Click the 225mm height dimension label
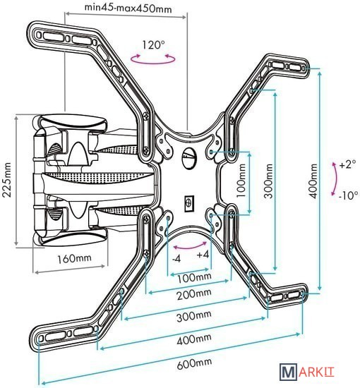point(6,180)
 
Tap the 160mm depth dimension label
point(74,259)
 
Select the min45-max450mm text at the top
point(128,8)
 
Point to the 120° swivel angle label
point(153,45)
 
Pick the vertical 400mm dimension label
point(313,181)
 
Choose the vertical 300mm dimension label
point(268,181)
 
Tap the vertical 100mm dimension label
point(241,181)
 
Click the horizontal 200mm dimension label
point(194,294)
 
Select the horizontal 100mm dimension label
point(194,277)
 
